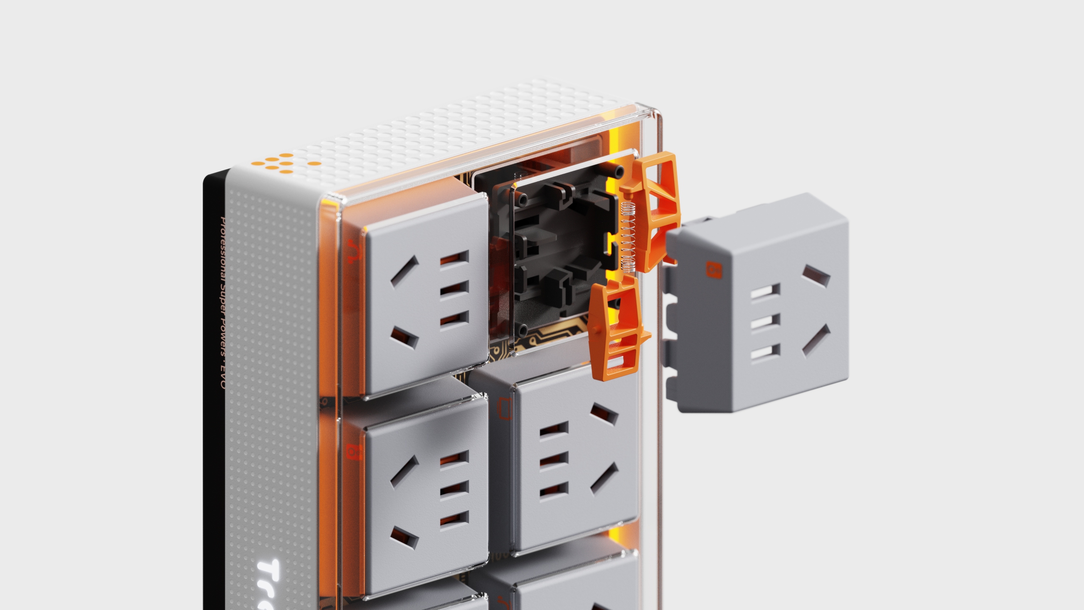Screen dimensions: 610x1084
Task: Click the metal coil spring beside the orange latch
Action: coord(627,237)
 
